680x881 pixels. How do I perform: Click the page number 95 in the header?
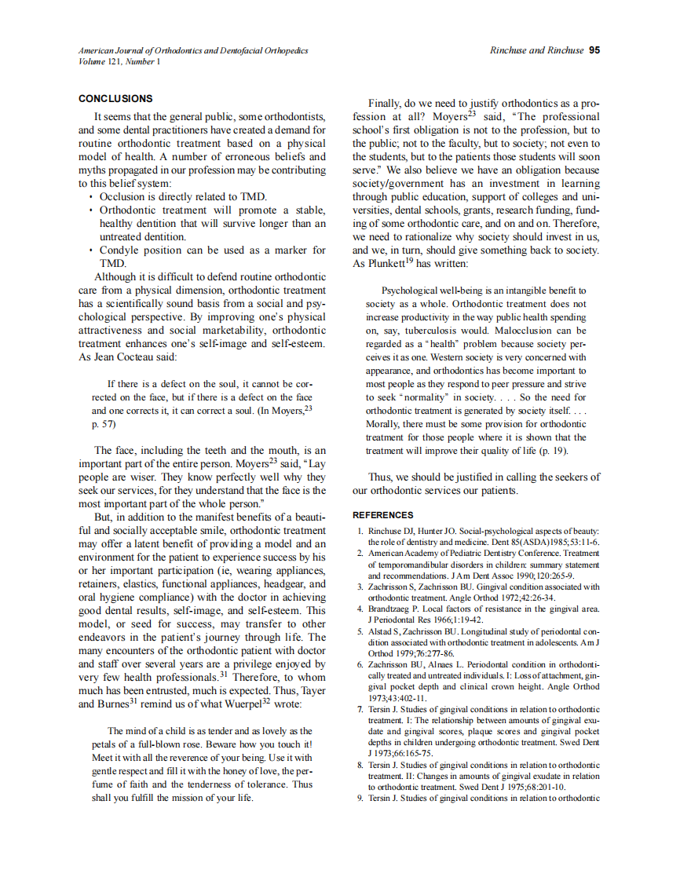click(594, 50)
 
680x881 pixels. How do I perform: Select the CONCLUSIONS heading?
click(115, 99)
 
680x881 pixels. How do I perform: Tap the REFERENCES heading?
click(382, 515)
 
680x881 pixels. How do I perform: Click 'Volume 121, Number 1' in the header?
click(119, 61)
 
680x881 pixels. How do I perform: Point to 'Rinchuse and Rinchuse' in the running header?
click(536, 50)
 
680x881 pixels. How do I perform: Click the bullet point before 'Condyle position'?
click(92, 250)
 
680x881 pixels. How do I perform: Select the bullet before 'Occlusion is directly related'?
click(92, 197)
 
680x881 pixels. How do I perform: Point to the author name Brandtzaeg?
click(394, 609)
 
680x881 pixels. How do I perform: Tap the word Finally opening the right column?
click(386, 104)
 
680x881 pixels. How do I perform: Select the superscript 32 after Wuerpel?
click(265, 701)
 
